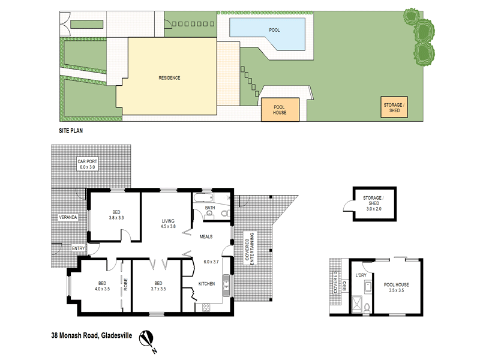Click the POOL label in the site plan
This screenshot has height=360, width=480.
[x=274, y=30]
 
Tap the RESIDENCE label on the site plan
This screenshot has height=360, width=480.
[x=169, y=78]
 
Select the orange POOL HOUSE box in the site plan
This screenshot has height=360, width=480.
[x=280, y=109]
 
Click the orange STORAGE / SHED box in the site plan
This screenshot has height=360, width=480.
[x=394, y=108]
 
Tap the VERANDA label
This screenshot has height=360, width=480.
[x=68, y=217]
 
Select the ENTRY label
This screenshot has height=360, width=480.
[x=79, y=248]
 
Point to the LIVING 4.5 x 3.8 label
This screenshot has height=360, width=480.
[x=167, y=224]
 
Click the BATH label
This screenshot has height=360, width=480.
[x=209, y=208]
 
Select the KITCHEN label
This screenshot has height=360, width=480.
[x=207, y=283]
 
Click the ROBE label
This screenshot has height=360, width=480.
[x=126, y=285]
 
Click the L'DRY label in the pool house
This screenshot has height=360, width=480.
[x=361, y=275]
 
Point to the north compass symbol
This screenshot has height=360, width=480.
[x=148, y=340]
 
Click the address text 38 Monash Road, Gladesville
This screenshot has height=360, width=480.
[x=91, y=335]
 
